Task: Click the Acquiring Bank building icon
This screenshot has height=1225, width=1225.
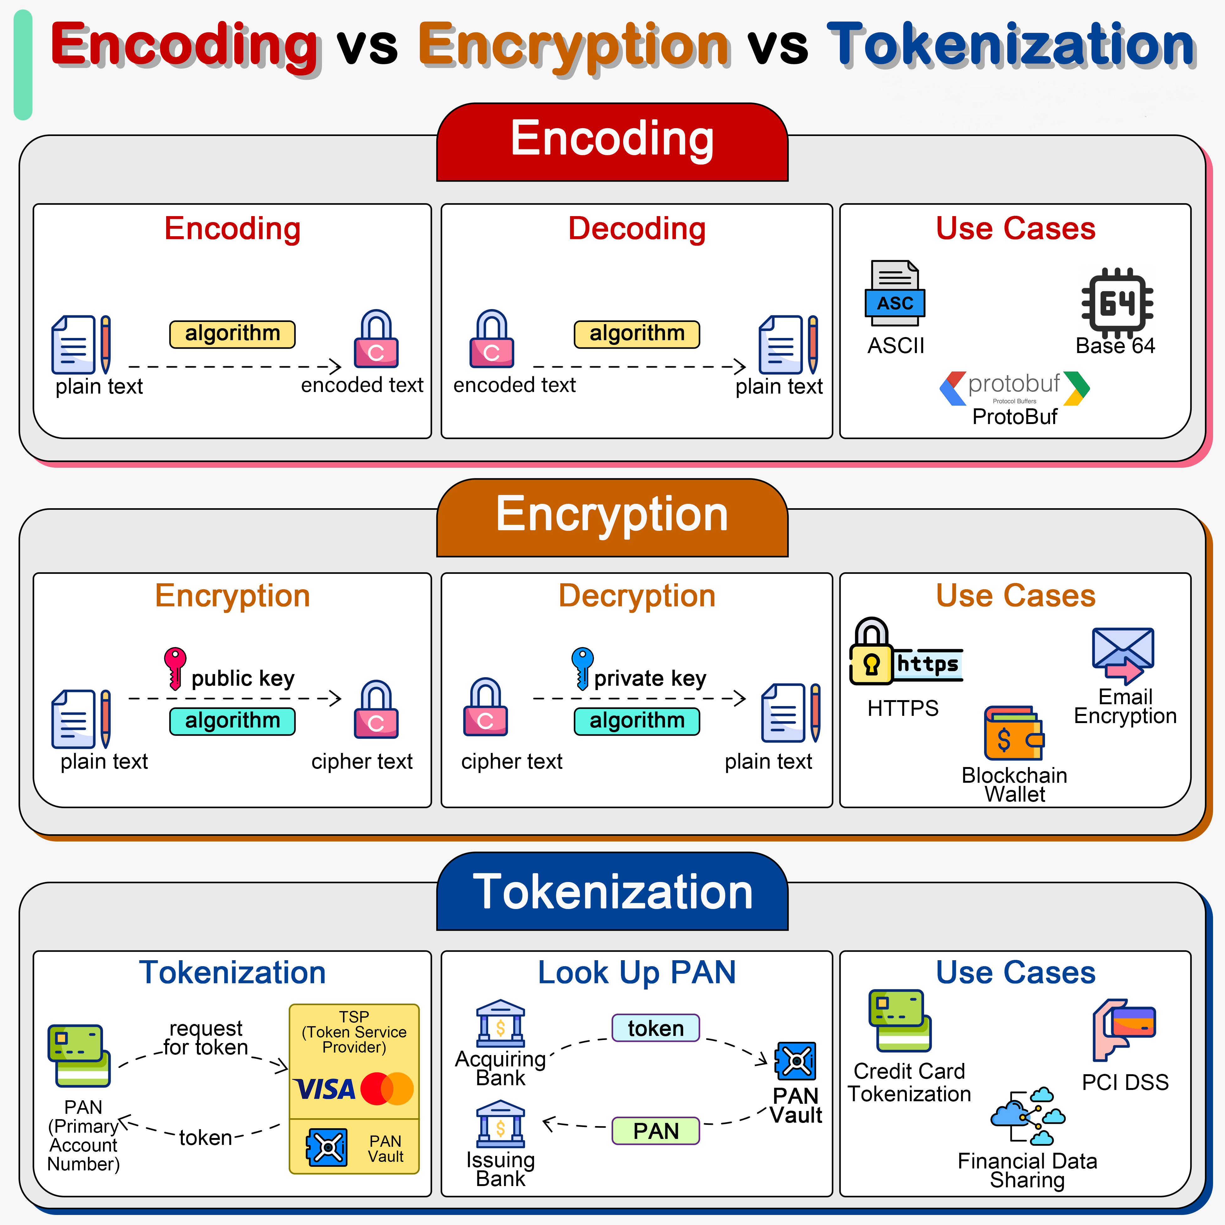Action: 500,1023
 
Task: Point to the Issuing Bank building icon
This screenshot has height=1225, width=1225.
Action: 500,1124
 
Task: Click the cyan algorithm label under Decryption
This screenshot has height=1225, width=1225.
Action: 637,721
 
